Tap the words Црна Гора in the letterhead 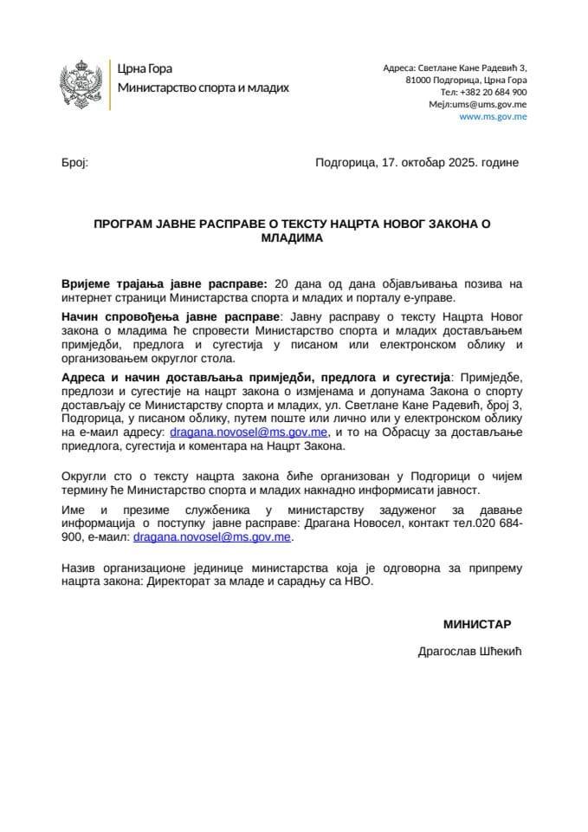(x=142, y=69)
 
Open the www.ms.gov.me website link (x=493, y=116)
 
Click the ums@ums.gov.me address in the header (x=490, y=104)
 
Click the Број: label (x=75, y=162)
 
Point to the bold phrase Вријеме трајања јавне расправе (x=165, y=283)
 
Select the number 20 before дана (x=280, y=283)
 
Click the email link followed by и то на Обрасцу (x=249, y=432)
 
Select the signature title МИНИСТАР (x=477, y=624)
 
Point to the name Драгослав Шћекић (x=471, y=651)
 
